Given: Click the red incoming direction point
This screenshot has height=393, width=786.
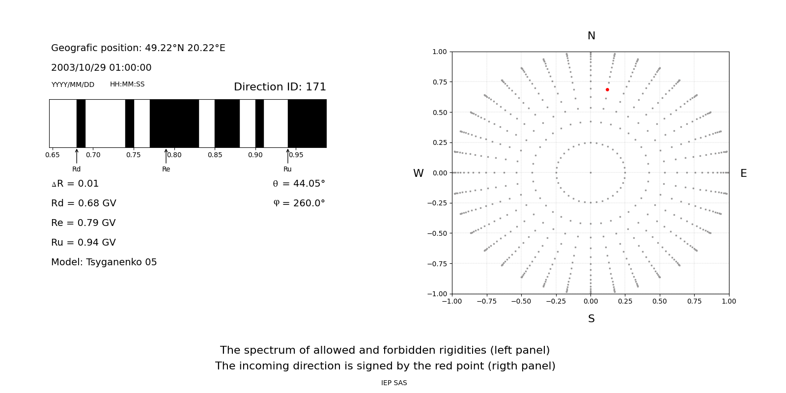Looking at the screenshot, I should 607,89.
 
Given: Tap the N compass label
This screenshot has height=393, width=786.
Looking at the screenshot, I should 591,36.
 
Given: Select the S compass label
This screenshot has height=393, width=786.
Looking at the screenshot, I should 591,319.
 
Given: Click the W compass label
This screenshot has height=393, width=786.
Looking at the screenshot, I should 418,173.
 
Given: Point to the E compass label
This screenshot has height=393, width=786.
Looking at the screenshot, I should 743,173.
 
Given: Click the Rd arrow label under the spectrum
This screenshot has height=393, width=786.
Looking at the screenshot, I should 77,169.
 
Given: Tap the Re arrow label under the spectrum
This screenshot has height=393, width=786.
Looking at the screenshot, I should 166,169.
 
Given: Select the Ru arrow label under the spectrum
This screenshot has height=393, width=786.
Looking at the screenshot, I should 287,169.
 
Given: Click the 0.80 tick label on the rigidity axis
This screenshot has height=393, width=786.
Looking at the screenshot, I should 174,155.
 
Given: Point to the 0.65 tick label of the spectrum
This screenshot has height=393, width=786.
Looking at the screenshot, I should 53,155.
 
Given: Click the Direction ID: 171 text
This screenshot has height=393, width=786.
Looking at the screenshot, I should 280,87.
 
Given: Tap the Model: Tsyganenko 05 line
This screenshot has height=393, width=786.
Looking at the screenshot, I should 104,262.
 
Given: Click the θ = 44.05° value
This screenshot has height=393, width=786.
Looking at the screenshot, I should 299,184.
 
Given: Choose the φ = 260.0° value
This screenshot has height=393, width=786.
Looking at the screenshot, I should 299,203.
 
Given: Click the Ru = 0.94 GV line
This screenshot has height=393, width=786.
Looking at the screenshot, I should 83,243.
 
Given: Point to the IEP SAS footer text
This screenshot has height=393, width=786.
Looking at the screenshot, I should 393,383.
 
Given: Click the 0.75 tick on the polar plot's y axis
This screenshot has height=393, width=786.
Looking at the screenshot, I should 440,82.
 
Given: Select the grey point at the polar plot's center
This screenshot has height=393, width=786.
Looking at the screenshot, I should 590,172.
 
